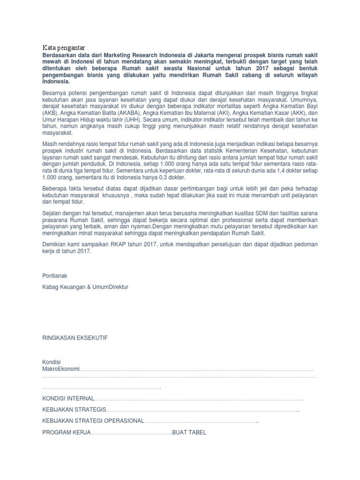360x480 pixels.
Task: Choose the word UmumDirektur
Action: pyautogui.click(x=110, y=287)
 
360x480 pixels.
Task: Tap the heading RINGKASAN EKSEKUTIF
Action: pyautogui.click(x=75, y=338)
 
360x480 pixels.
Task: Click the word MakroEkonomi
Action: pyautogui.click(x=61, y=370)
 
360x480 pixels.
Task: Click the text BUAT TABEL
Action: pyautogui.click(x=189, y=433)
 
